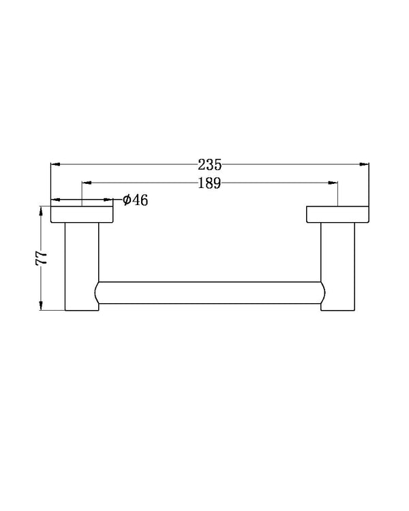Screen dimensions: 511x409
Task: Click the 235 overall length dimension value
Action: [210, 164]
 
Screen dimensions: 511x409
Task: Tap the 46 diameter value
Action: [140, 200]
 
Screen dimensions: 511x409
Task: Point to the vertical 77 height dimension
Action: [42, 257]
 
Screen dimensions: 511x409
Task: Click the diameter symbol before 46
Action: [127, 200]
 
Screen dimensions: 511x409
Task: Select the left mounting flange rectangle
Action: [82, 214]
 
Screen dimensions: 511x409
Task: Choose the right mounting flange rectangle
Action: [337, 214]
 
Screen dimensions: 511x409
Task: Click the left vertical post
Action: [82, 266]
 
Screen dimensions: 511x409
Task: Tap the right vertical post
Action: [337, 266]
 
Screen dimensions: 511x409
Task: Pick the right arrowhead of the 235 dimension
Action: [364, 164]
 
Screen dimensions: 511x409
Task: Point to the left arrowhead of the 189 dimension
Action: [87, 183]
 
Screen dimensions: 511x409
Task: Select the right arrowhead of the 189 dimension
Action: [333, 183]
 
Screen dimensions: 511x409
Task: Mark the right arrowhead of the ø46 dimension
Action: [108, 200]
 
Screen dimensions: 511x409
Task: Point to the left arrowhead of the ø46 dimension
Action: [56, 200]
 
